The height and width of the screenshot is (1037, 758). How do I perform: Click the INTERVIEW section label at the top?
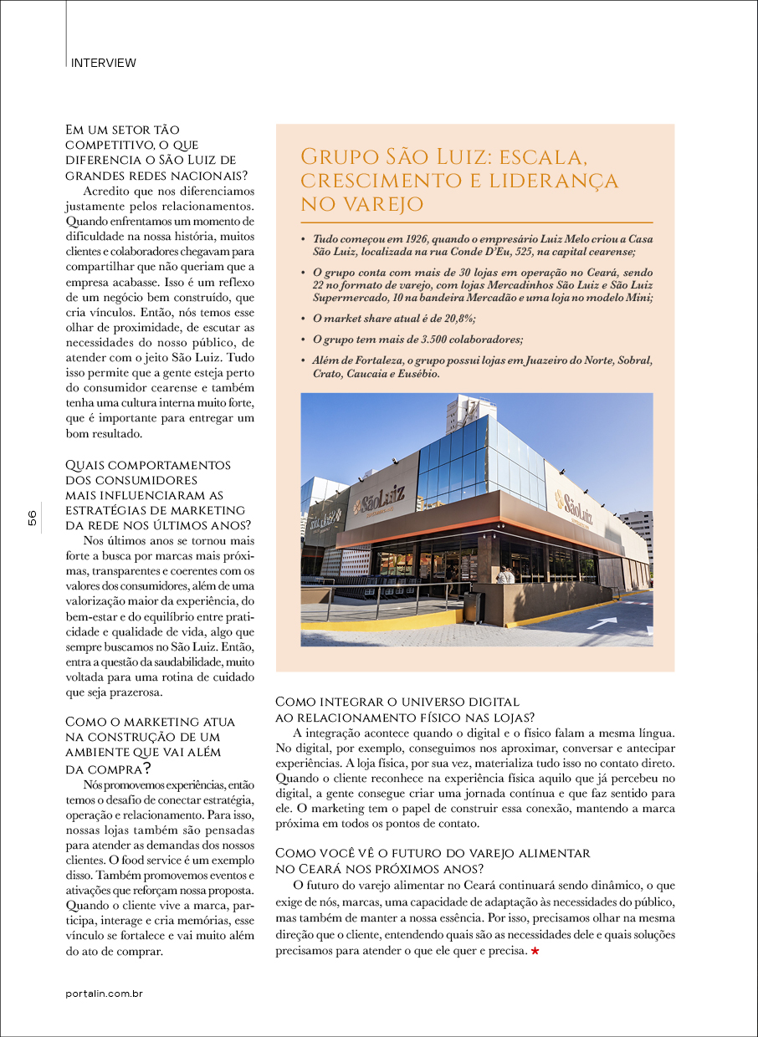click(x=104, y=63)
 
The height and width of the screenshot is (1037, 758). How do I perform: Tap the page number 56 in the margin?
click(x=32, y=518)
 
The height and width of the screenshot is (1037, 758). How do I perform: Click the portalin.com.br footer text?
click(x=105, y=994)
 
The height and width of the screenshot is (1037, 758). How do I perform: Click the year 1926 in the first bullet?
click(x=398, y=239)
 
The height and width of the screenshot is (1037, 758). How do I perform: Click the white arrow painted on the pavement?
click(x=602, y=621)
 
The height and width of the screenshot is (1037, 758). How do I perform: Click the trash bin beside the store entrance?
click(x=474, y=607)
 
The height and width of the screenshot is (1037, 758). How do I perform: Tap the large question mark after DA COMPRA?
click(x=146, y=767)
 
